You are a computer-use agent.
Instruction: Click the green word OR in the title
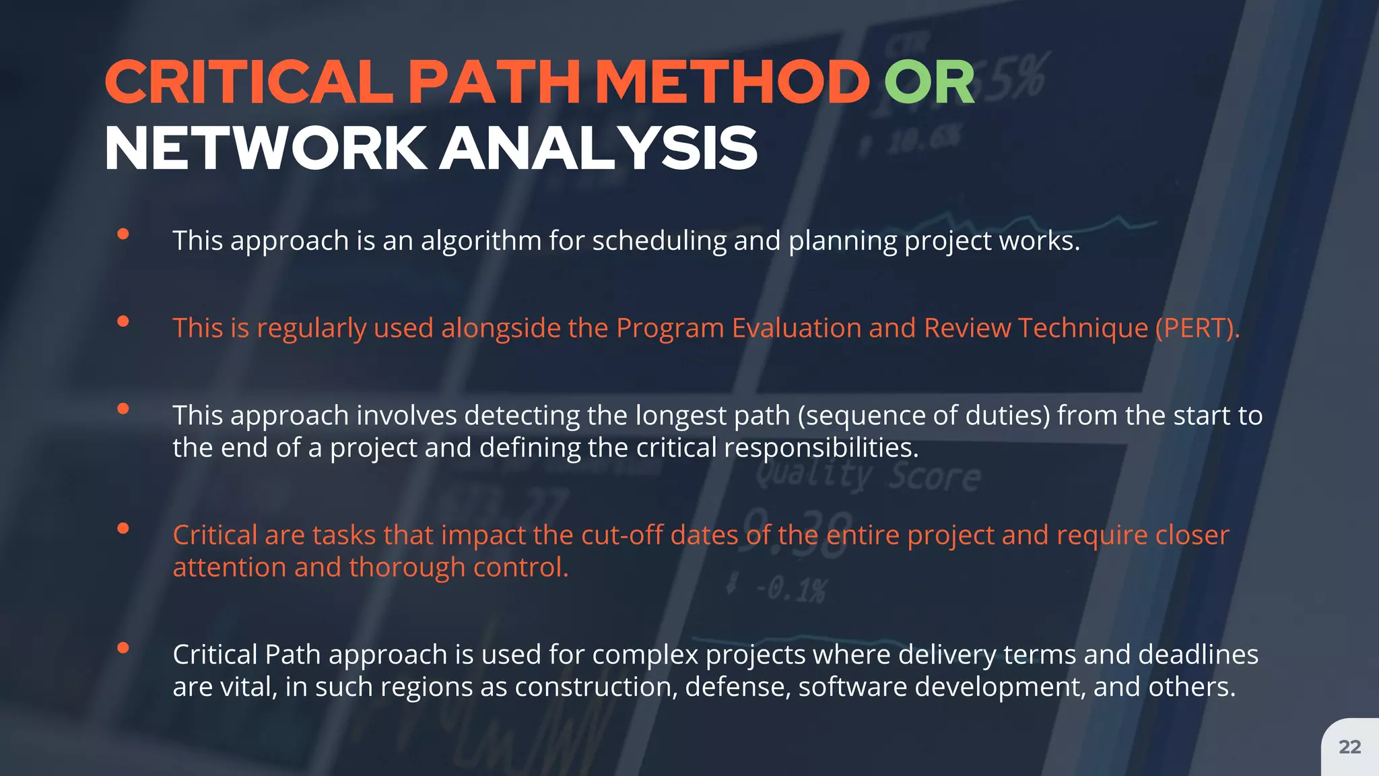coord(929,83)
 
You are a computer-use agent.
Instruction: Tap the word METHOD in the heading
coord(733,83)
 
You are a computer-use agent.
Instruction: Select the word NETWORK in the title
coord(265,149)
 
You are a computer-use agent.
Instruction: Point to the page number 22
coord(1349,746)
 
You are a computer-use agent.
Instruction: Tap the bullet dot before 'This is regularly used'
coord(123,321)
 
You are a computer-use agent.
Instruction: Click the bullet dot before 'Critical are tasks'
coord(123,528)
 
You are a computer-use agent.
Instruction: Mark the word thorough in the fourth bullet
coord(407,567)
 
